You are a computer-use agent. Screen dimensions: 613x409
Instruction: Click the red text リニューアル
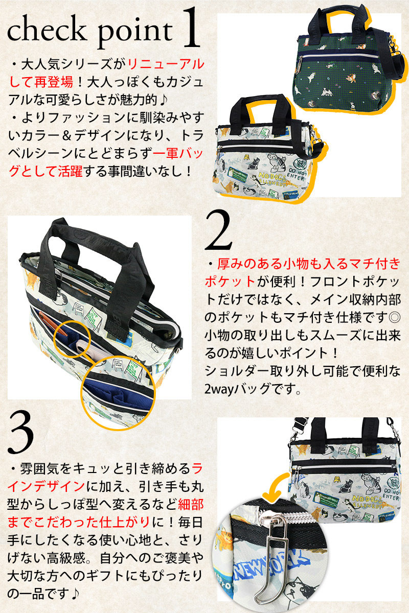point(165,64)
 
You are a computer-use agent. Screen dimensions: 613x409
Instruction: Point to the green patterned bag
point(348,72)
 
